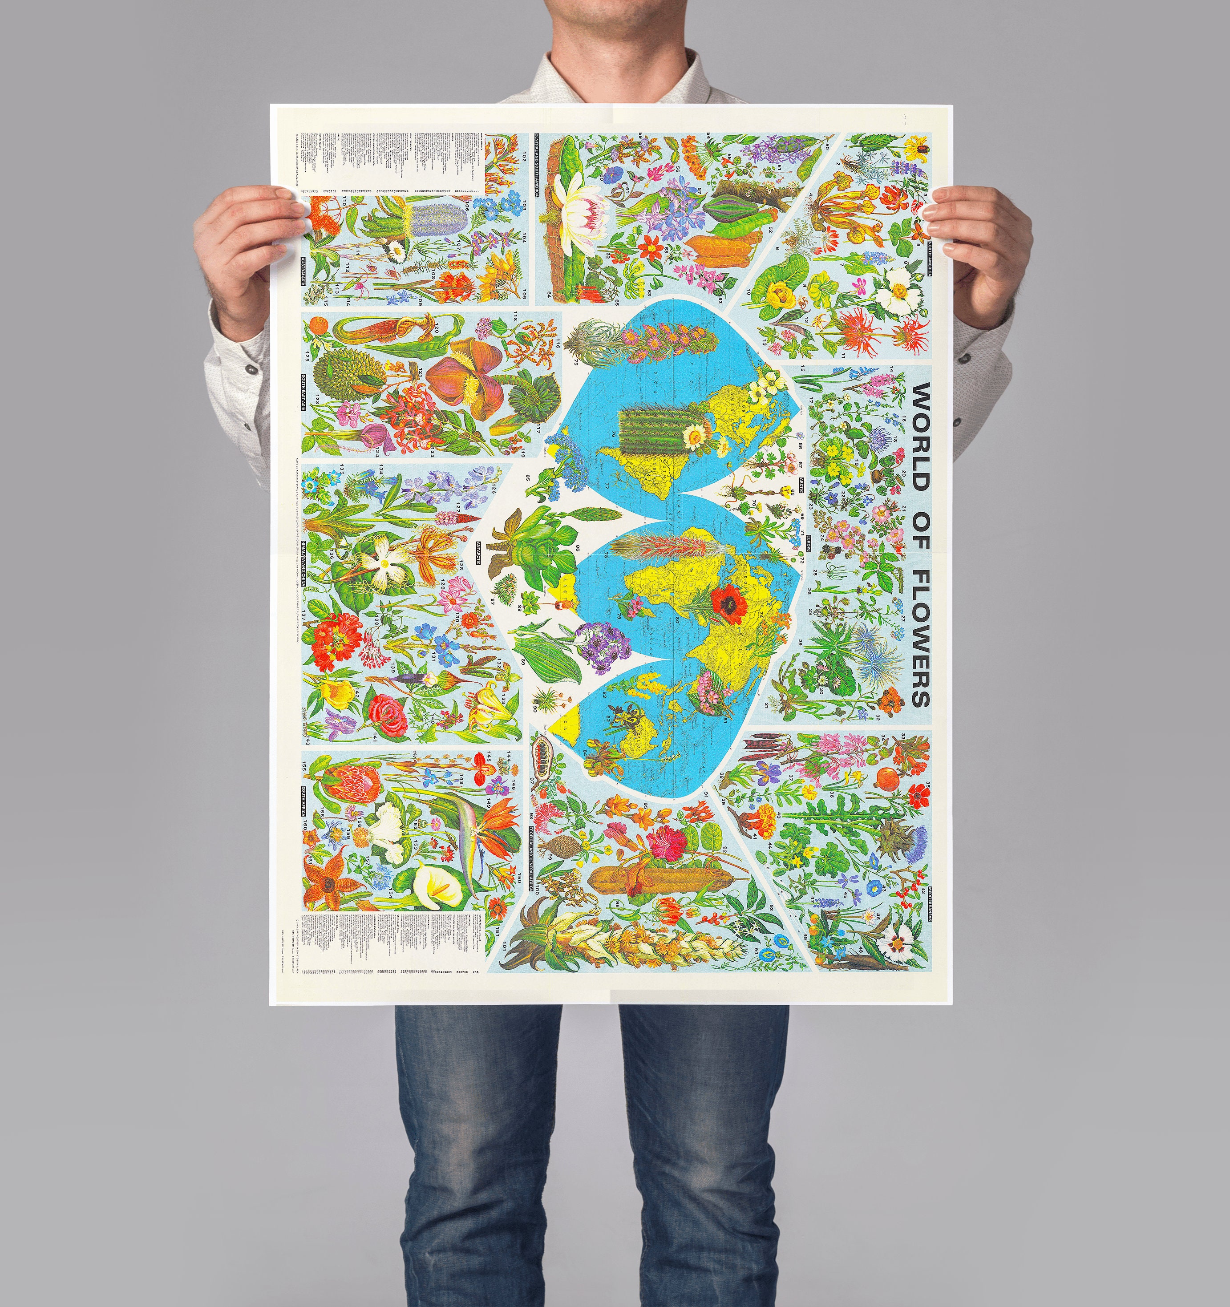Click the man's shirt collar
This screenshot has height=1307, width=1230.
click(615, 69)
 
